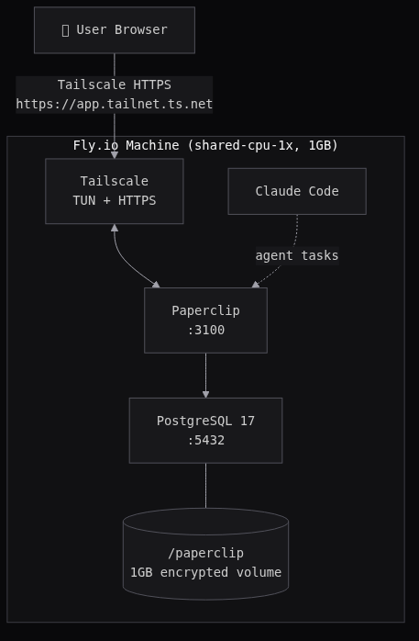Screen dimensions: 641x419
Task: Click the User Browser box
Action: (x=114, y=30)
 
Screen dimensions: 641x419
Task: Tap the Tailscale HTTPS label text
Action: (x=114, y=84)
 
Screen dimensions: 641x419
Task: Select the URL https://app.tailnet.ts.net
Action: (x=114, y=104)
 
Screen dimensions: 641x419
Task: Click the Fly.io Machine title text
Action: (x=205, y=145)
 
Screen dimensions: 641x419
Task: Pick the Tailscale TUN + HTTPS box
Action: (x=114, y=191)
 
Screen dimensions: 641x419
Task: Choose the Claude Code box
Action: (x=296, y=191)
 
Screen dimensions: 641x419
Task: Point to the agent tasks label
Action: (x=296, y=255)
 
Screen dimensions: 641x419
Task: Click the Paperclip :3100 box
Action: (x=205, y=320)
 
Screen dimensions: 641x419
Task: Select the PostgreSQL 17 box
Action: (x=205, y=430)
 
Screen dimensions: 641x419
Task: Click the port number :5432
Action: (x=205, y=440)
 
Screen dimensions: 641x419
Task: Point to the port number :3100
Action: (x=205, y=330)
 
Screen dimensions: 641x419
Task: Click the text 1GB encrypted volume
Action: (x=205, y=572)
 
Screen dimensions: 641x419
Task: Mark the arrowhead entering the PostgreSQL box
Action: (x=205, y=395)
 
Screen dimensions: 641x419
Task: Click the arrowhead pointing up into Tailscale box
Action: (x=115, y=228)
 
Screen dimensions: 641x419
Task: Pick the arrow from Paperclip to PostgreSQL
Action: (x=205, y=372)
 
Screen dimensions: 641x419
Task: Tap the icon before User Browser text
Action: (x=65, y=30)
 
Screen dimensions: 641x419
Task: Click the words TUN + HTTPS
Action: (x=114, y=200)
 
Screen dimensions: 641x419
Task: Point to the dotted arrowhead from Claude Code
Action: (x=256, y=285)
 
